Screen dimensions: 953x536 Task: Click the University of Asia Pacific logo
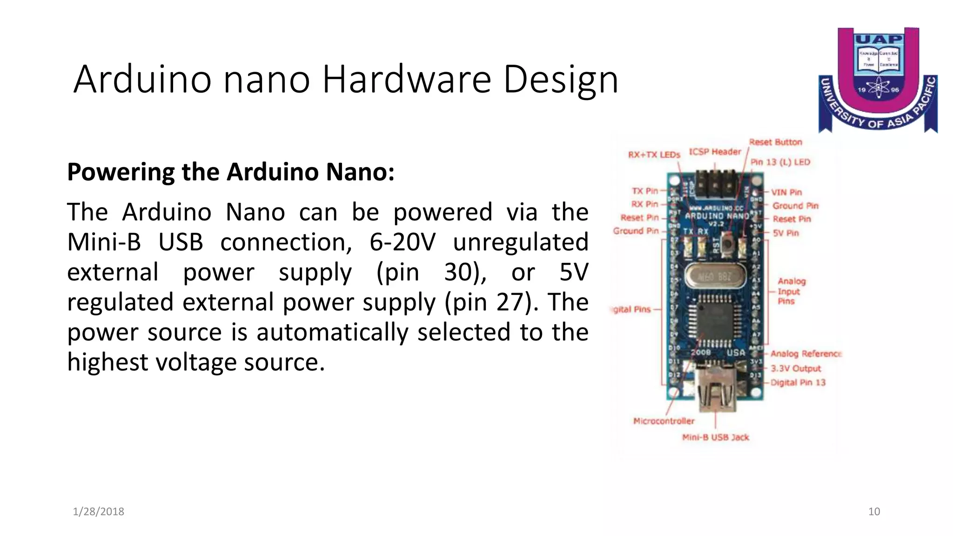tap(878, 80)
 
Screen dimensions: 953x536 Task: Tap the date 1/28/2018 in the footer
tap(99, 511)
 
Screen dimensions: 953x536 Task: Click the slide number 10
tap(874, 511)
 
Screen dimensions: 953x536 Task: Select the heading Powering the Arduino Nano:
tap(231, 172)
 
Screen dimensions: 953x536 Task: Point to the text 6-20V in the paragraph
tap(403, 242)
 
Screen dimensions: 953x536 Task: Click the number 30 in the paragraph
tap(459, 272)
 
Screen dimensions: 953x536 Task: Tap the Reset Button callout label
tap(775, 142)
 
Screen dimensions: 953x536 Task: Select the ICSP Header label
tap(715, 152)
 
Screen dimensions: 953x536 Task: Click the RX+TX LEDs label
tap(654, 155)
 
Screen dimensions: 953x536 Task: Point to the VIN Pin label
tap(786, 192)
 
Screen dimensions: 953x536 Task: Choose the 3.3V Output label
tap(796, 368)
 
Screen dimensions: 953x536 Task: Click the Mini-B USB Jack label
tap(716, 437)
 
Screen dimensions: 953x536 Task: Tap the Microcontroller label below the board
tap(664, 421)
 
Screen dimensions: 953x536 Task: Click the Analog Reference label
tap(806, 354)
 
